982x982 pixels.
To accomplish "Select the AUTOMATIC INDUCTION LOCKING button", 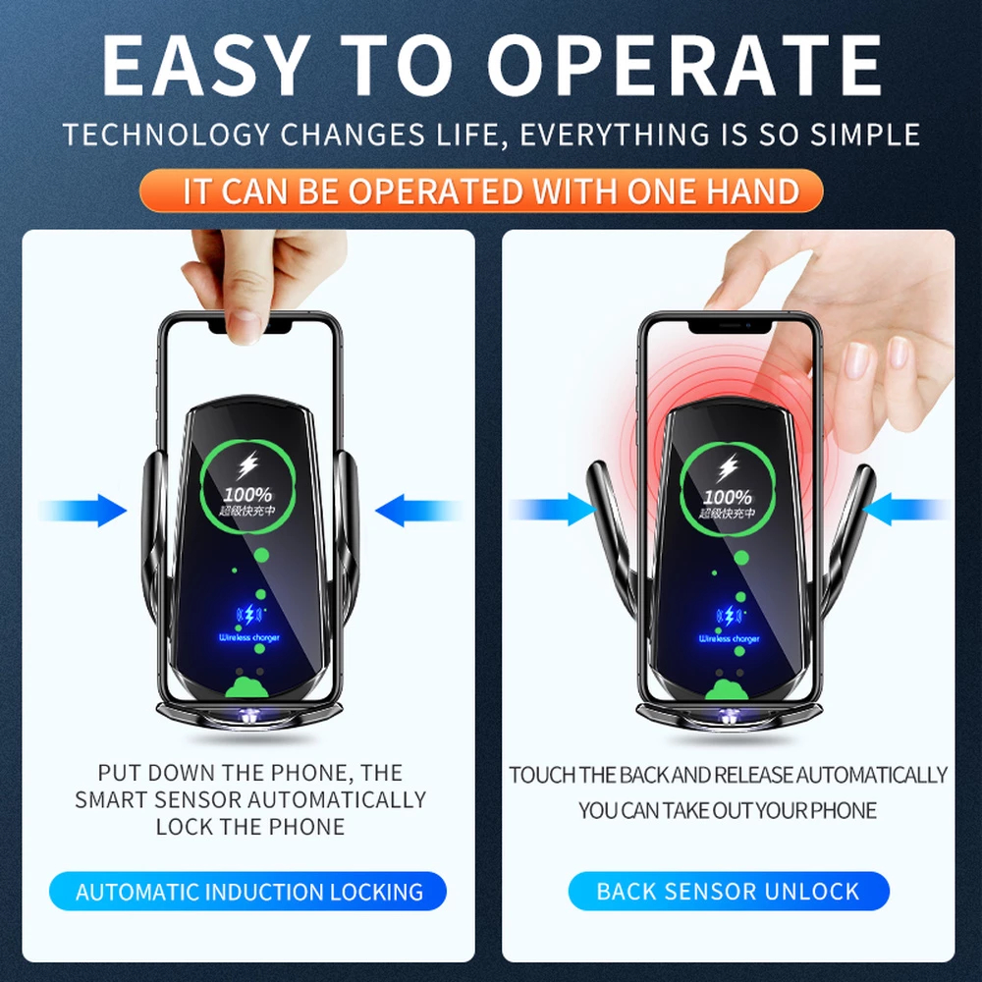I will (x=249, y=893).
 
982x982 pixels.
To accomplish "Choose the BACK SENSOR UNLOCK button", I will (x=728, y=893).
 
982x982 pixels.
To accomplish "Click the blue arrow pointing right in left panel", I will (x=85, y=511).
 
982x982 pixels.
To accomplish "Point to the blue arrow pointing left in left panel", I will (x=416, y=511).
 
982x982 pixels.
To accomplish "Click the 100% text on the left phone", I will (x=247, y=496).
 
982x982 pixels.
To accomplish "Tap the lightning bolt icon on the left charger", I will (x=247, y=464).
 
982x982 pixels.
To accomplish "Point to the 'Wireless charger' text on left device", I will (x=248, y=638).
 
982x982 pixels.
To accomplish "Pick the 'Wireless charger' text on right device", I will (x=729, y=639).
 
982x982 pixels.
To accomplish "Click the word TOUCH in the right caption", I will (x=542, y=775).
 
